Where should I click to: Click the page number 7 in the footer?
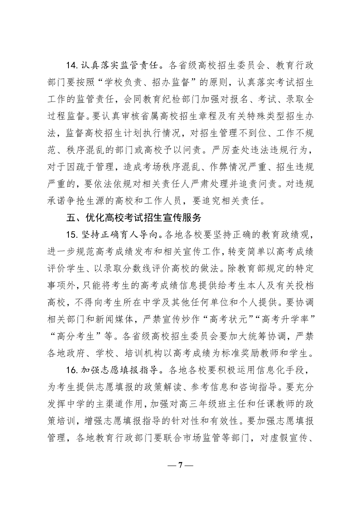coord(180,465)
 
